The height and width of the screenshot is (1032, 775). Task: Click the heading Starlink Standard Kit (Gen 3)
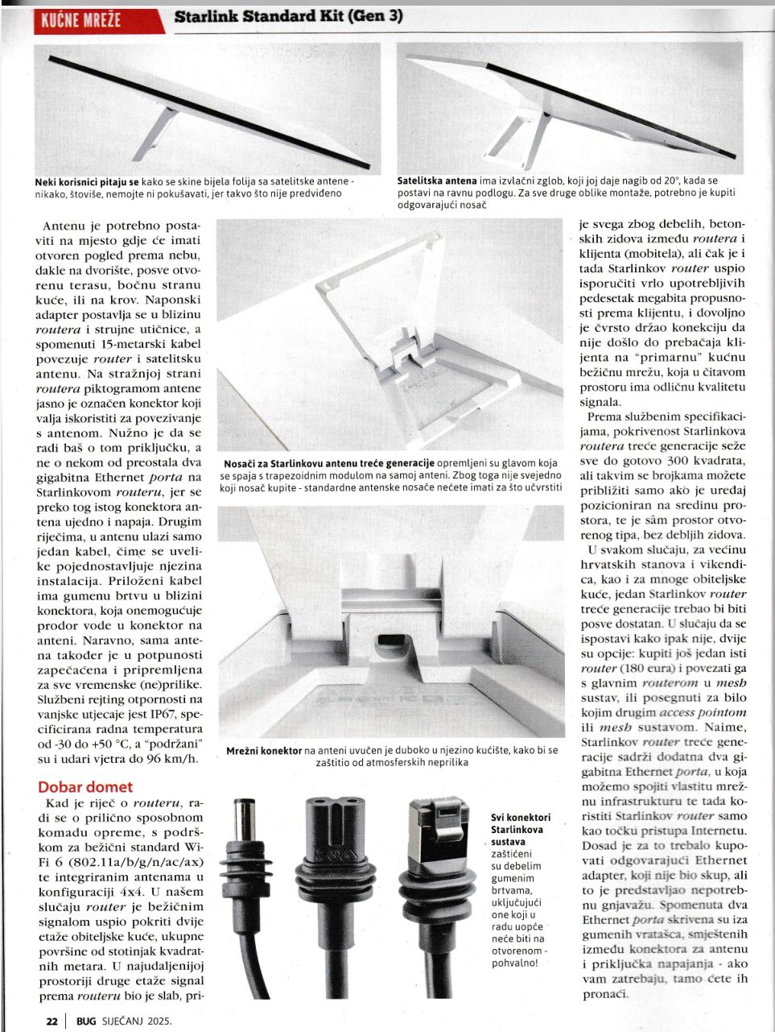pyautogui.click(x=289, y=16)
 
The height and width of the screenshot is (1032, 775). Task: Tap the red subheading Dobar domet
pyautogui.click(x=85, y=786)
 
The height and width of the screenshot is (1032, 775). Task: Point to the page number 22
pyautogui.click(x=52, y=1021)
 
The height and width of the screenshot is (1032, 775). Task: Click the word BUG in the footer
pyautogui.click(x=86, y=1021)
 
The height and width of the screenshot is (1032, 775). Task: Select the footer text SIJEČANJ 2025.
pyautogui.click(x=136, y=1021)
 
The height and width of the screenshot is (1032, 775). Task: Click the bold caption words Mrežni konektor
pyautogui.click(x=264, y=750)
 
